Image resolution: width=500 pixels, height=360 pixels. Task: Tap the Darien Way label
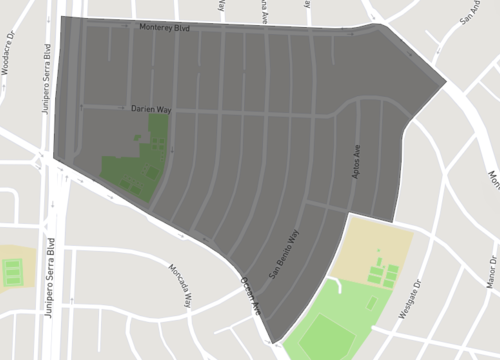click(152, 108)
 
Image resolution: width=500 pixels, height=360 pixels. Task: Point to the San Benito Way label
click(283, 255)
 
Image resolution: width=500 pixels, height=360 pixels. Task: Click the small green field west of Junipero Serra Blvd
click(13, 270)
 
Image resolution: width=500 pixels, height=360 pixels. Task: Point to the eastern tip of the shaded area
click(443, 83)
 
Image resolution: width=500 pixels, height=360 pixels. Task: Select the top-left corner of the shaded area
click(62, 18)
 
